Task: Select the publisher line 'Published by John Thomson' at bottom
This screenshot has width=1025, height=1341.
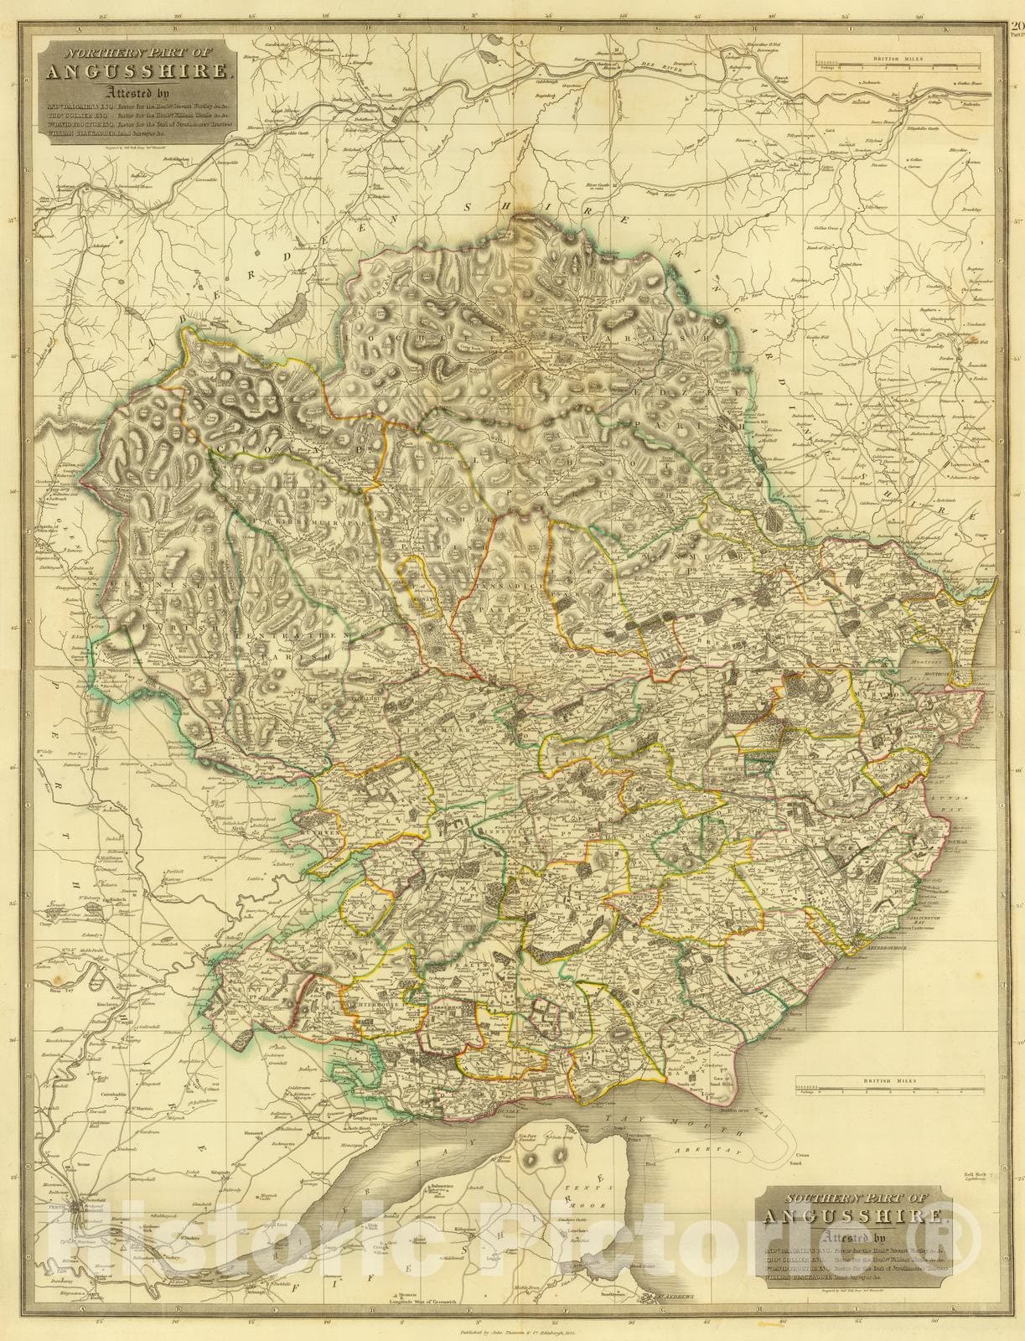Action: [512, 1328]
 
